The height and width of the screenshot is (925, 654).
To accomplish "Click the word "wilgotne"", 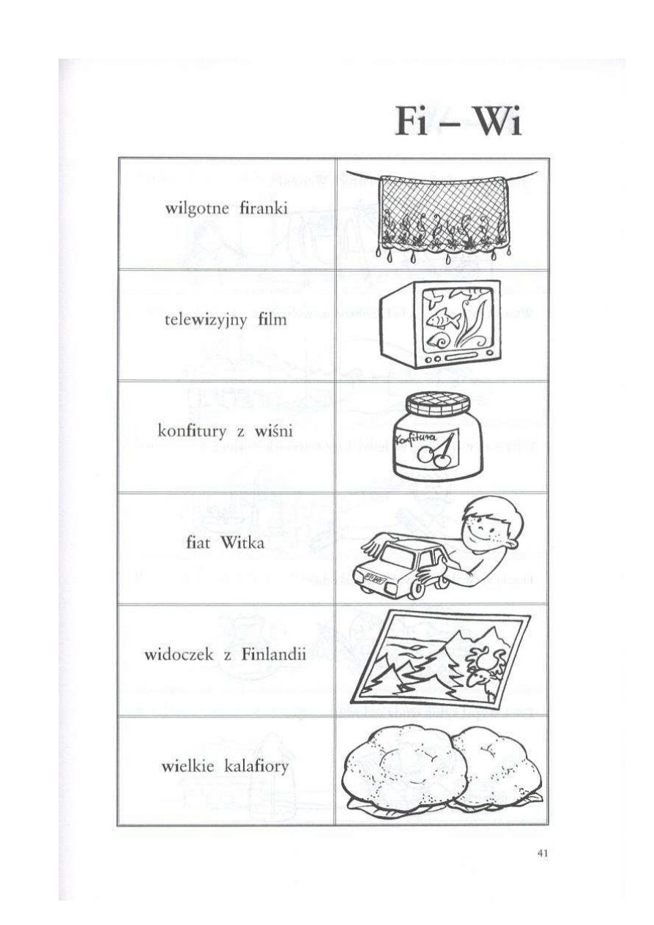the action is pos(197,209).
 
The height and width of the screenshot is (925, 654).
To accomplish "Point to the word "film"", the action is pos(272,319).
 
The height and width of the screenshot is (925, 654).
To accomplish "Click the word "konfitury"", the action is pos(193,432).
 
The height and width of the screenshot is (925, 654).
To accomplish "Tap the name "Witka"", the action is pos(242,543).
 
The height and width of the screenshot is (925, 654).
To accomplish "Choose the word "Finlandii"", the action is pos(273,655).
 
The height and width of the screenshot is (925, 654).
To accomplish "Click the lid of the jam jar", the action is pos(438,404).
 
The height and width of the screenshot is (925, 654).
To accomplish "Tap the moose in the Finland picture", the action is pos(486,671).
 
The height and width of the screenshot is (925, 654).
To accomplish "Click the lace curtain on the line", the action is pos(443,215).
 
